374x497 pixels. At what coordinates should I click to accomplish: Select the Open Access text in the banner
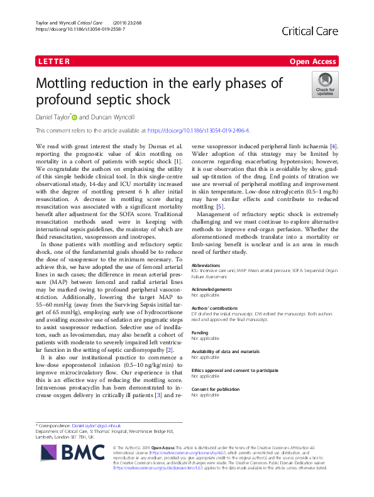coord(312,62)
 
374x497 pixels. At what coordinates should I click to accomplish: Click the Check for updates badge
coord(325,84)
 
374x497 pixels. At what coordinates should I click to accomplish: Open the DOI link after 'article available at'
coord(198,131)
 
